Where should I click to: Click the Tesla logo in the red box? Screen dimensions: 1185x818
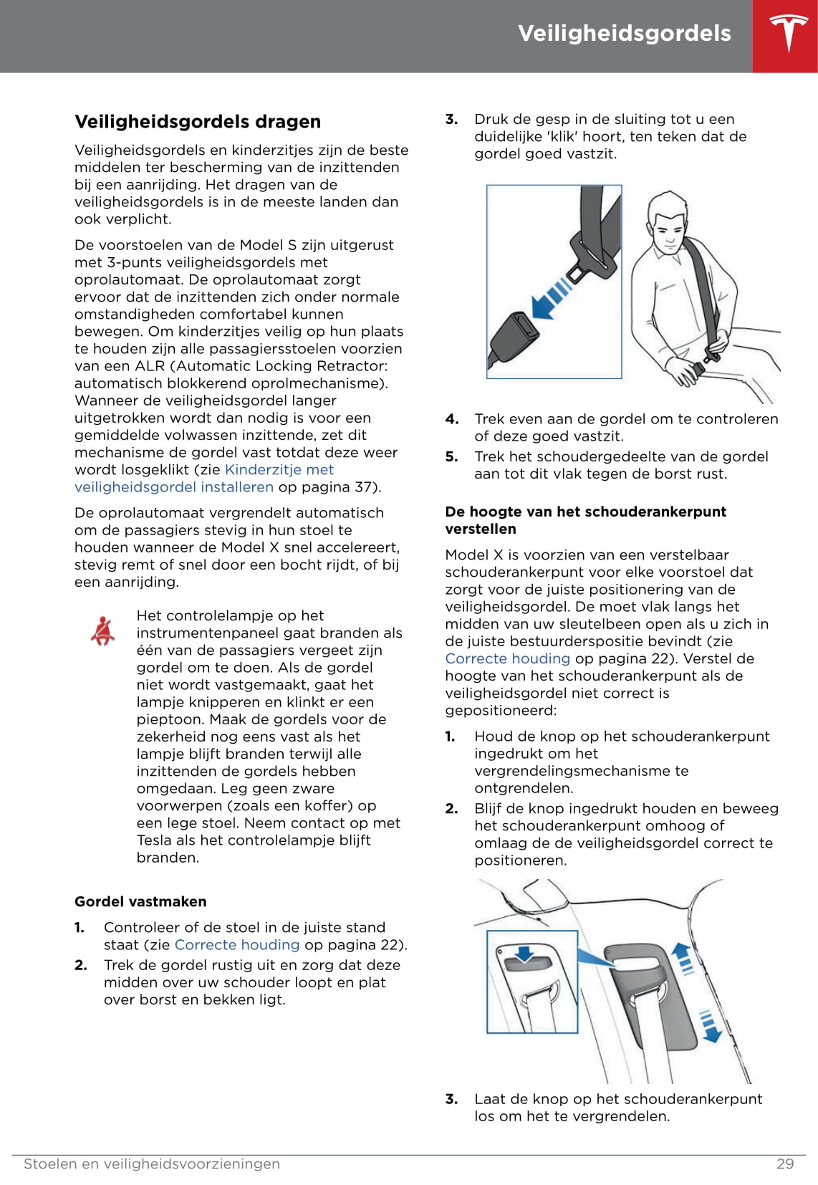pyautogui.click(x=789, y=34)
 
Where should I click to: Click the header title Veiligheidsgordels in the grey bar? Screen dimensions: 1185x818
pyautogui.click(x=624, y=34)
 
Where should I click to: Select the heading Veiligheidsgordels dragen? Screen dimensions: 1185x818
pyautogui.click(x=198, y=122)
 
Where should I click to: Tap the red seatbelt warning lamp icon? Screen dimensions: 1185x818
pyautogui.click(x=103, y=630)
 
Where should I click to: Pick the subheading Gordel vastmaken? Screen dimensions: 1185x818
pyautogui.click(x=140, y=902)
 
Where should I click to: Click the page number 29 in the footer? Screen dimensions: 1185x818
pyautogui.click(x=785, y=1164)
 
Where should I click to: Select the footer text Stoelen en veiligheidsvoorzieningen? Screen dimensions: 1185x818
pyautogui.click(x=152, y=1164)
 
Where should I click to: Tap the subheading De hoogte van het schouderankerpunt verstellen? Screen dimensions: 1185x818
pyautogui.click(x=585, y=520)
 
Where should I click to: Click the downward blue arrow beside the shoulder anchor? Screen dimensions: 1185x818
pyautogui.click(x=709, y=1026)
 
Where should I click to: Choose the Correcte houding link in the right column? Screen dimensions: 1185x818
pyautogui.click(x=507, y=659)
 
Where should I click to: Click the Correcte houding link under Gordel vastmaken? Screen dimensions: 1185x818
pyautogui.click(x=236, y=945)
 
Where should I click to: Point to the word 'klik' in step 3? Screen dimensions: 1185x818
pyautogui.click(x=561, y=137)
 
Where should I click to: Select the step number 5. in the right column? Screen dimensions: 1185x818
pyautogui.click(x=451, y=457)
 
